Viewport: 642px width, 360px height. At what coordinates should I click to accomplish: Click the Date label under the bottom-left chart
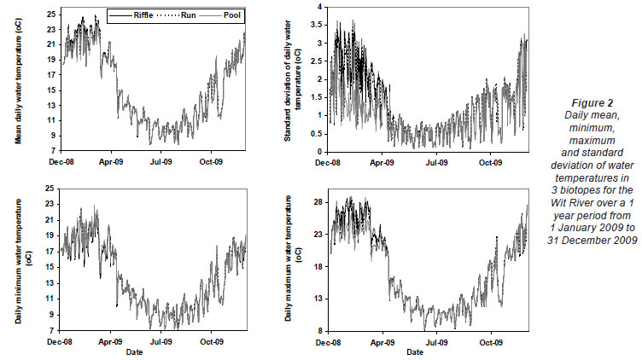(x=135, y=351)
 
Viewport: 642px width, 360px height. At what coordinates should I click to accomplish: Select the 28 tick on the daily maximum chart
(x=324, y=202)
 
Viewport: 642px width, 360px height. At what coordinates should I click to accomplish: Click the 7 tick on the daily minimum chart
(x=53, y=330)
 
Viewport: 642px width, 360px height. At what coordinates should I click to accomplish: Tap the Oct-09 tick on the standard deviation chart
(x=490, y=160)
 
